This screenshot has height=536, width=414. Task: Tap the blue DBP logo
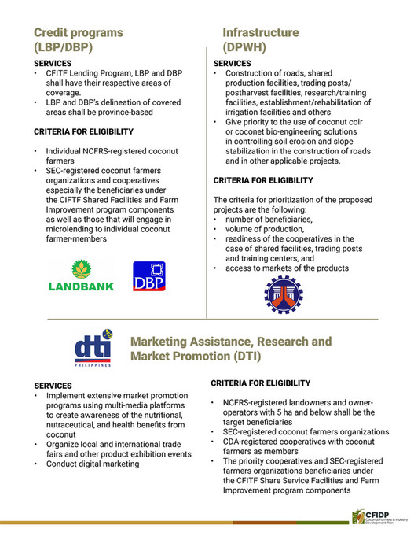(149, 278)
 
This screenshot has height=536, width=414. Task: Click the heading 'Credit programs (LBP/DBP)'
(78, 40)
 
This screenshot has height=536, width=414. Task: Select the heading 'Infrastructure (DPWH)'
(260, 40)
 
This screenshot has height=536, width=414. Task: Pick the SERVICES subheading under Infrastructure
(233, 63)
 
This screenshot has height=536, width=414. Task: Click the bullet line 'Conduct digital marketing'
(93, 464)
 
